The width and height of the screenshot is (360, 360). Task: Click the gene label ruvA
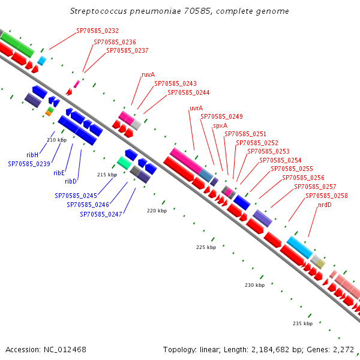pos(148,74)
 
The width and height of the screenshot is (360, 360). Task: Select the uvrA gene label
pos(196,108)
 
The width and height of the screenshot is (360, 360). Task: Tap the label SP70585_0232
pos(97,31)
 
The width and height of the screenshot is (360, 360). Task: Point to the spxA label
pos(220,126)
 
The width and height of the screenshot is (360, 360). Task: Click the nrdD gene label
pos(325,205)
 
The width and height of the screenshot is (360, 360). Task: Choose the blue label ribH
pos(32,155)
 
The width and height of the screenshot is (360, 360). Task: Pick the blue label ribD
pos(70,182)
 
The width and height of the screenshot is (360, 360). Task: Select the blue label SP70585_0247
pos(101,214)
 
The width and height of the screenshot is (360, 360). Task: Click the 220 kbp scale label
pos(157,211)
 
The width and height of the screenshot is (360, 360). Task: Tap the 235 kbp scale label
pos(302,323)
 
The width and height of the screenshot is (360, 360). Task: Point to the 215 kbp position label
pos(107,175)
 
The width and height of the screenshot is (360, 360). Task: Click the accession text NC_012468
pos(65,350)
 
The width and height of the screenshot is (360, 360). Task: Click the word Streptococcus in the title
pos(98,11)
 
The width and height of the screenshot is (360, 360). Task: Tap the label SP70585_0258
pos(326,196)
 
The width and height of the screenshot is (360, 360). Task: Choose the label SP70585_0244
pos(188,92)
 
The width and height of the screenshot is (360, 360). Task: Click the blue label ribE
pos(59,173)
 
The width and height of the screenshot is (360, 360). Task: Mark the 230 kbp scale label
pos(254,285)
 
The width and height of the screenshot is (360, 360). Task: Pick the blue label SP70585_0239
pos(29,164)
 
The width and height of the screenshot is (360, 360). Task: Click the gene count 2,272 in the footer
pos(343,350)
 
